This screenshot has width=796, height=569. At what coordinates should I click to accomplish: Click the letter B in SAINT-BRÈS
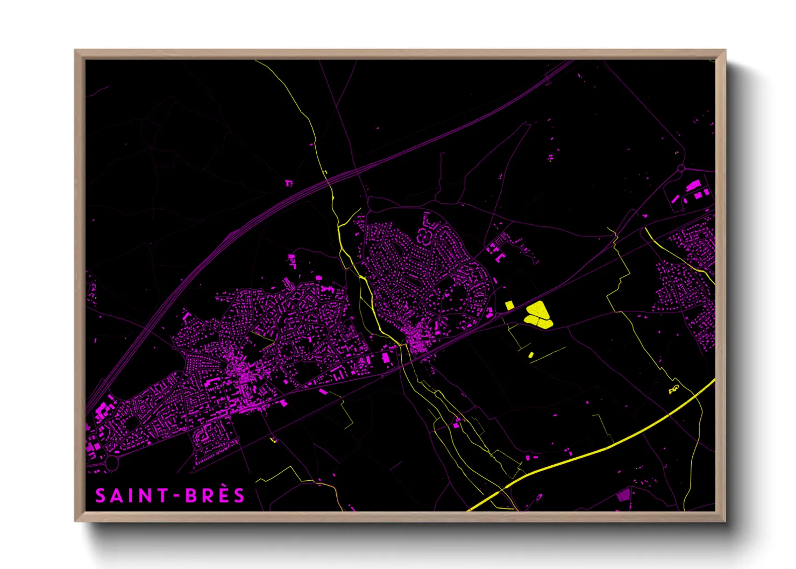pos(191,495)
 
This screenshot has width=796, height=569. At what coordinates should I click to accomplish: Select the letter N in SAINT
pos(146,495)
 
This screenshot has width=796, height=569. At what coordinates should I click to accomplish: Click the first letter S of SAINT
pos(101,495)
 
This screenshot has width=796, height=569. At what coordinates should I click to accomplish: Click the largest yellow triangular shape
pos(536,310)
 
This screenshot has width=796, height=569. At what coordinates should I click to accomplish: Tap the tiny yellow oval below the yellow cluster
pos(531,355)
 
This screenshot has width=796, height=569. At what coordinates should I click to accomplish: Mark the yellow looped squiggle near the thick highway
pos(674,389)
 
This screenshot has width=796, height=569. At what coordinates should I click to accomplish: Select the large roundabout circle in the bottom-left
pos(111,463)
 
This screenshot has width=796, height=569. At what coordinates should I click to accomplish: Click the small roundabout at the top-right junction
pos(681,169)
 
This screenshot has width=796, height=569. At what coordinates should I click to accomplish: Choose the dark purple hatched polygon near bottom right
pos(623,495)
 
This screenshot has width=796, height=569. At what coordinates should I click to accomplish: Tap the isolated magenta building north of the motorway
pos(289,183)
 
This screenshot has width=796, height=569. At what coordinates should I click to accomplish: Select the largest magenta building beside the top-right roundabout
pos(693,186)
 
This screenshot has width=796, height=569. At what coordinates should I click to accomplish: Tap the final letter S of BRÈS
pos(239,495)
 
